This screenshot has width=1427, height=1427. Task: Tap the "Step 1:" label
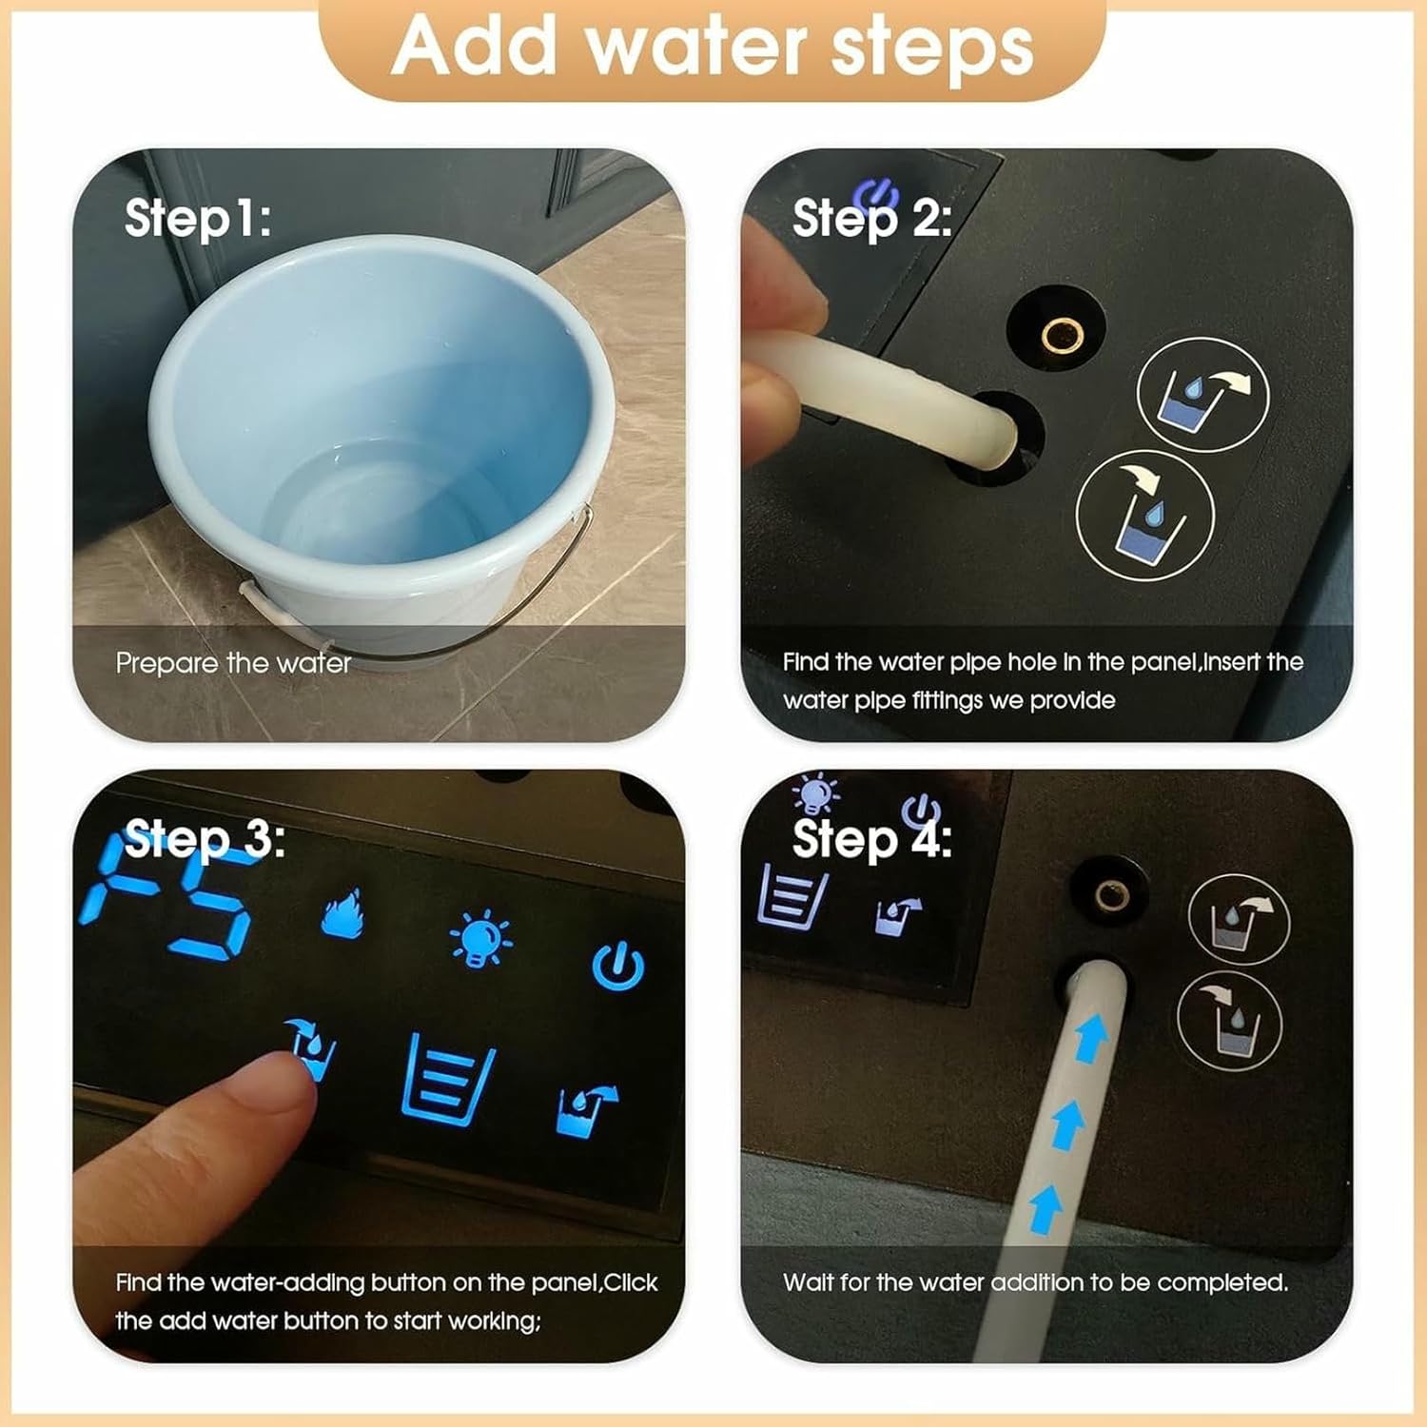tap(198, 218)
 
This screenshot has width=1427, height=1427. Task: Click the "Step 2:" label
tap(871, 218)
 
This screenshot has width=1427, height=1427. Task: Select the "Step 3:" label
tap(204, 839)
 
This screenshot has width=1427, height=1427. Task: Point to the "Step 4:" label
tap(871, 839)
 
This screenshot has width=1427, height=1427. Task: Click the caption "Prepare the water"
tap(233, 663)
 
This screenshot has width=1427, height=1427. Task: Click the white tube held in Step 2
tap(894, 400)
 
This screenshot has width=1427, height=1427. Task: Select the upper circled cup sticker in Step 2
tap(1202, 394)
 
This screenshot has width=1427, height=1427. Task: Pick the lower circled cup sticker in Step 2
tap(1145, 515)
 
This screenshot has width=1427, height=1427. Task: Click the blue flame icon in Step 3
tap(342, 915)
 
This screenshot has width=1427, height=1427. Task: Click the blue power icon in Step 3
tap(618, 967)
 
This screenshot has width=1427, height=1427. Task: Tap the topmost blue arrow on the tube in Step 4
tap(1089, 1037)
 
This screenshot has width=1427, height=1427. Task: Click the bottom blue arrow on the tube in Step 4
tap(1046, 1208)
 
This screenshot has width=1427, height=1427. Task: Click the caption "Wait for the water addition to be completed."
tap(1035, 1282)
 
